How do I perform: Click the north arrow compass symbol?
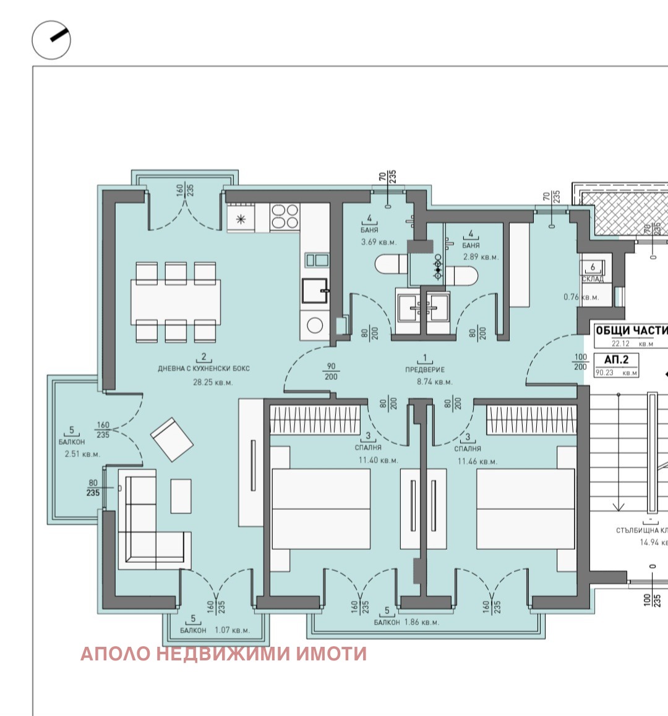point(51,40)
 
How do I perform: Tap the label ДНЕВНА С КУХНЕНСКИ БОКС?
point(203,369)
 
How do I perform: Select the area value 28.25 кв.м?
point(203,382)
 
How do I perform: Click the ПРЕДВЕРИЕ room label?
point(425,369)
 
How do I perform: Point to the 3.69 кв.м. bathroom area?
point(379,242)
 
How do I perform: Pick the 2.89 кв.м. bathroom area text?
point(481,256)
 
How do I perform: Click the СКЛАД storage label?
point(593,279)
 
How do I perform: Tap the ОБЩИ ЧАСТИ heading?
point(631,331)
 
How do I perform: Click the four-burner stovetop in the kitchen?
point(285,217)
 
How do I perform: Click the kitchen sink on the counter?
point(315,290)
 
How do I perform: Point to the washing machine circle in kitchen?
point(315,325)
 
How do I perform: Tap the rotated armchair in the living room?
point(172,439)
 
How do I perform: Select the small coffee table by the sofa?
point(181,497)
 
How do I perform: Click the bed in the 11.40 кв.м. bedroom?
point(320,509)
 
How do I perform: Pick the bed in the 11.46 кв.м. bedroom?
point(525,509)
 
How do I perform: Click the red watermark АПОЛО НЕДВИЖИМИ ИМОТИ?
point(223,654)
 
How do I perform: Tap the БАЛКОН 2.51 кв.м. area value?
point(82,454)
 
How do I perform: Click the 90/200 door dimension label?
point(331,371)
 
